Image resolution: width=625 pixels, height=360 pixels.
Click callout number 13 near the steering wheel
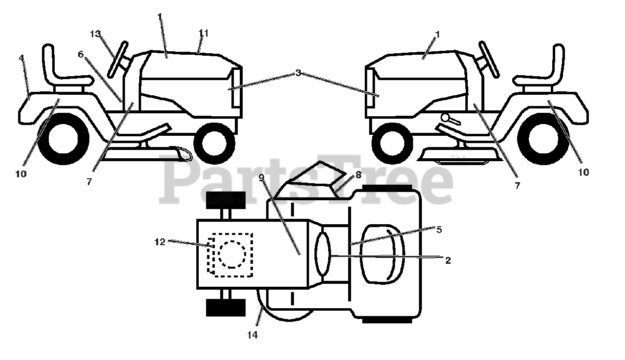click(95, 34)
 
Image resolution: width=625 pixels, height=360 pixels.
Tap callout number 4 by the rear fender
click(21, 58)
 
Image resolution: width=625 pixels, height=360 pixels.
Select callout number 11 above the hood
click(204, 33)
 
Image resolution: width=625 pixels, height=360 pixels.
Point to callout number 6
click(81, 54)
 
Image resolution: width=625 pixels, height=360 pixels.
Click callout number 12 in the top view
click(161, 241)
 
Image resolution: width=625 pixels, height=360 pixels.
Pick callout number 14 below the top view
click(252, 335)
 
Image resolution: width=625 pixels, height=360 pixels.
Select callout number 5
click(439, 230)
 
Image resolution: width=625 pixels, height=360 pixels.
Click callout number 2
click(448, 260)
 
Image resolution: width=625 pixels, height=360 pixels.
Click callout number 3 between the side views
click(298, 73)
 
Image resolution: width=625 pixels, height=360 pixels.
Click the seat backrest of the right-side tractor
click(557, 61)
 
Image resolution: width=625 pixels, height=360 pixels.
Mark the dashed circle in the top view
click(232, 254)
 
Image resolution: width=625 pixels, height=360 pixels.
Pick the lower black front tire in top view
click(226, 307)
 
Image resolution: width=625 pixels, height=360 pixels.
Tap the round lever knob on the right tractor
click(445, 118)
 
